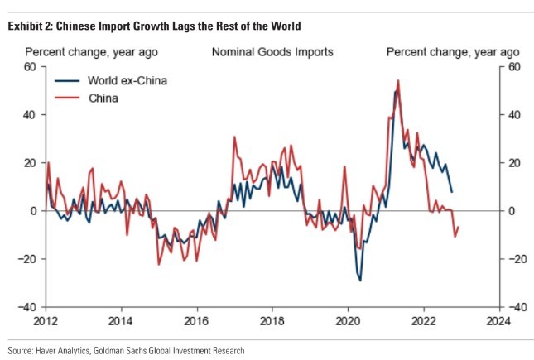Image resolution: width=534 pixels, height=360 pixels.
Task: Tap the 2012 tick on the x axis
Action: (x=46, y=321)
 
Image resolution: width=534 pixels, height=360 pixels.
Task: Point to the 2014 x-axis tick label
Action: (x=121, y=321)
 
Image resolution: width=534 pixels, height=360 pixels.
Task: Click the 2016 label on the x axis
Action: (x=196, y=321)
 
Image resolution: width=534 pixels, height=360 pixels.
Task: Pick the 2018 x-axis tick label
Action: (x=272, y=321)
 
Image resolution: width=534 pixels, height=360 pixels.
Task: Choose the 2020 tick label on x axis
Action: (x=347, y=321)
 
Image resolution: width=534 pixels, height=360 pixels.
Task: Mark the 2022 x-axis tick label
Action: (x=423, y=321)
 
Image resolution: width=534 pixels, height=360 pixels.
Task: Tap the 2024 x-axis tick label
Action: (x=498, y=321)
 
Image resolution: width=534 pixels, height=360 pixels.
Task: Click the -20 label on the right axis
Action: (x=517, y=259)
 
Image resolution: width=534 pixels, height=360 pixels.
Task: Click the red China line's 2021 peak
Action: (x=398, y=80)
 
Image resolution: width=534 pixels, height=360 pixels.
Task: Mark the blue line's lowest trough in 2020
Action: (x=360, y=281)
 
